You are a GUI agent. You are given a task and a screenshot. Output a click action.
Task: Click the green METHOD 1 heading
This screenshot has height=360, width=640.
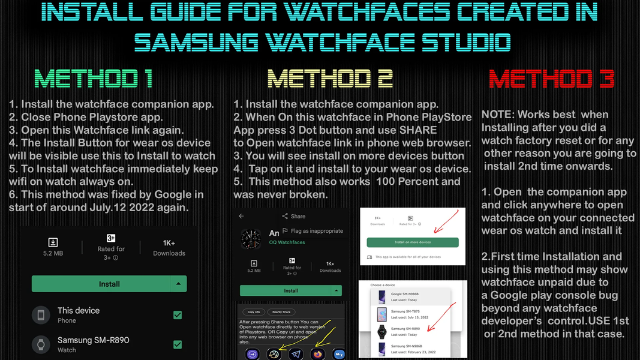pos(94,79)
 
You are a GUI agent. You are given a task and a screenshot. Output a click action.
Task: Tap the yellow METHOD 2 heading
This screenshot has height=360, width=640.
pos(330,79)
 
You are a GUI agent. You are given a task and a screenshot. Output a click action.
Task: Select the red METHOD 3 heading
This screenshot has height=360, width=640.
pos(551,79)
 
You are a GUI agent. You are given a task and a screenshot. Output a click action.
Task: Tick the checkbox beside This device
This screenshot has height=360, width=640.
pos(178,315)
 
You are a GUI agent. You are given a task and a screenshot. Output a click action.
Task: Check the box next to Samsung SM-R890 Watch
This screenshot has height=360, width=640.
pos(178,344)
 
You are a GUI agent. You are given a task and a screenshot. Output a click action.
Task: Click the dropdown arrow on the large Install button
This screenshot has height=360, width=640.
pos(178,284)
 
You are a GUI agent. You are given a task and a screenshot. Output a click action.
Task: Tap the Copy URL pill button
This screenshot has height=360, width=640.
pos(254,312)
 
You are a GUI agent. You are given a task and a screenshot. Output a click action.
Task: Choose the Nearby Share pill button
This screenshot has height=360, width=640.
pos(281,312)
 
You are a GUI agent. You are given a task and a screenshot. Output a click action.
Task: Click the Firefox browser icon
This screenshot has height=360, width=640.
pos(317,354)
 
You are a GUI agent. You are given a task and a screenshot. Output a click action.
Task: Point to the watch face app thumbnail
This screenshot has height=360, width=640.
pos(251,239)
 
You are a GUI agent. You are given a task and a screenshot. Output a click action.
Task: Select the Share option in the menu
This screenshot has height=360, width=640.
pos(293,216)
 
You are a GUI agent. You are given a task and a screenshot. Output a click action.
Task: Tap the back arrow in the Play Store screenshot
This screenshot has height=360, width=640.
pos(241,216)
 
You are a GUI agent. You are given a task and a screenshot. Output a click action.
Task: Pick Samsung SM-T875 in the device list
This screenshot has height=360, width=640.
pos(405,314)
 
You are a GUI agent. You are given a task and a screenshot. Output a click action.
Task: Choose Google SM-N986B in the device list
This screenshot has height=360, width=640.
pos(405,296)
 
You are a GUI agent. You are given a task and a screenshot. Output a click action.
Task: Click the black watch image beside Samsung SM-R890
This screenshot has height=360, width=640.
pos(381,332)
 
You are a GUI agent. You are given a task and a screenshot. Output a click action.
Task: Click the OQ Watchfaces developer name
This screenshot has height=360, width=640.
pos(287,242)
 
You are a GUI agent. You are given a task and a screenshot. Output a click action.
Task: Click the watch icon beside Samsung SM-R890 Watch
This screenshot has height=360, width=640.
pos(41,344)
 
